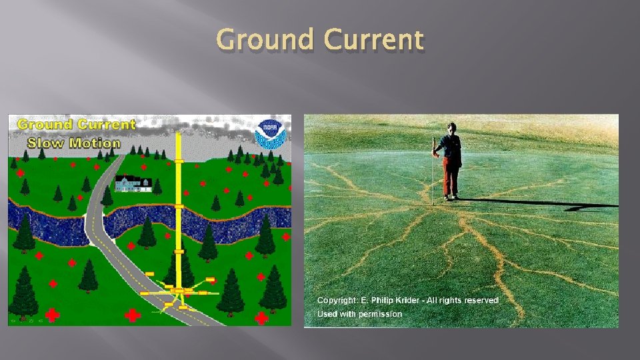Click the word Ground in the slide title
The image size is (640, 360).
tap(265, 41)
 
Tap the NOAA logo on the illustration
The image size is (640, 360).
tap(270, 133)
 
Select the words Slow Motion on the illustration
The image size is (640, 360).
tap(74, 143)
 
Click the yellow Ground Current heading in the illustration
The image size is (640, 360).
tap(76, 124)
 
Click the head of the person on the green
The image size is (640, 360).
tap(452, 128)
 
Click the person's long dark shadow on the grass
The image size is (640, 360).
tap(533, 203)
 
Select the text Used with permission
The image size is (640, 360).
tap(359, 313)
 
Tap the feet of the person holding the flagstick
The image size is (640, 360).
tap(451, 197)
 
